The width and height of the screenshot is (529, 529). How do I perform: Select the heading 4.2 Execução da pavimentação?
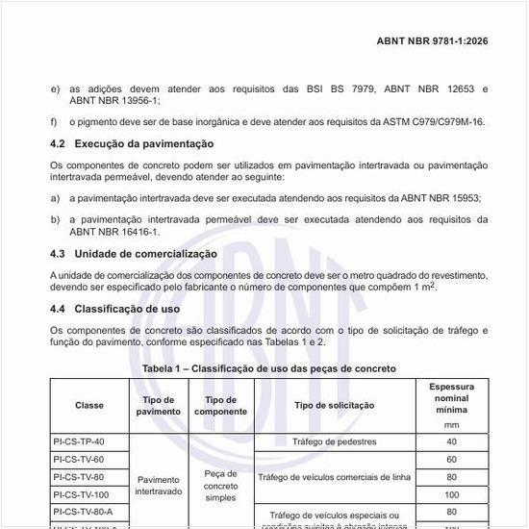(131, 143)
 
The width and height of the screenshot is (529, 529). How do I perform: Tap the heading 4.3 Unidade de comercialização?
(134, 254)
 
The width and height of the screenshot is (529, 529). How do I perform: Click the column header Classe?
(88, 405)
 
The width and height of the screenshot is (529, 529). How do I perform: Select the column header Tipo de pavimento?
(158, 405)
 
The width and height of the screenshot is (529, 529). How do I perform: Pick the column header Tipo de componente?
(220, 405)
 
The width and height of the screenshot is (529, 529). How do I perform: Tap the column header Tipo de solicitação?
(334, 405)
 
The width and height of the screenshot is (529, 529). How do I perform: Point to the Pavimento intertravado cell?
(158, 484)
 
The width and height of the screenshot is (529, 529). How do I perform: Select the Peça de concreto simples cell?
(220, 486)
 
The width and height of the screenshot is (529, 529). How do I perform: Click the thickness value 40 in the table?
(451, 441)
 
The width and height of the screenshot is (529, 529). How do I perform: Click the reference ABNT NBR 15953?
(433, 197)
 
